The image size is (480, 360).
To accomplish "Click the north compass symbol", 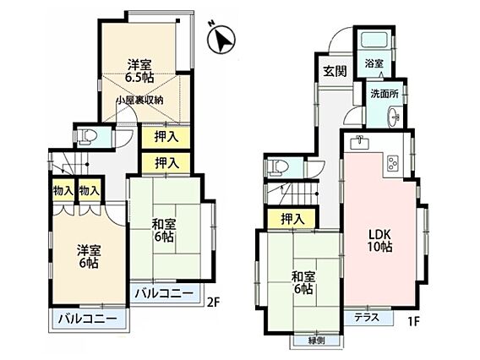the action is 221,39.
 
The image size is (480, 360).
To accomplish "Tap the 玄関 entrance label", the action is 335,71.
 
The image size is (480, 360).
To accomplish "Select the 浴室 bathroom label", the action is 374,63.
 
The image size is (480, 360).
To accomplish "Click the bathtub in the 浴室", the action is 375,40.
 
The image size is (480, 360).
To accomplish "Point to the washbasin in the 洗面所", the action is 394,117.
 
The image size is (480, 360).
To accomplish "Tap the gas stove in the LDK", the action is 393,163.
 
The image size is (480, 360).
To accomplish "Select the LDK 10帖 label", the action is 379,241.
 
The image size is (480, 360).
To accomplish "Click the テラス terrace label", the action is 367,318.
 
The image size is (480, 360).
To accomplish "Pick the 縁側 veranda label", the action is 316,341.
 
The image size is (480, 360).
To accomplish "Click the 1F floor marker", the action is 412,321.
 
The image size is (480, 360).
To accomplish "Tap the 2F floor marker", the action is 213,303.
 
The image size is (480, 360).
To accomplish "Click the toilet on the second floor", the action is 87,136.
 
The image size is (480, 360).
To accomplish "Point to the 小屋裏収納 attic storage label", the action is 139,100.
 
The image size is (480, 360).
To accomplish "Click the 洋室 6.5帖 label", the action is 139,71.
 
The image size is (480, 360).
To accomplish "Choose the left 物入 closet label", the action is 63,191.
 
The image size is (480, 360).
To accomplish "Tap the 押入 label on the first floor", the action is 292,219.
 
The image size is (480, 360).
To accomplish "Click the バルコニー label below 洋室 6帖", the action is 88,319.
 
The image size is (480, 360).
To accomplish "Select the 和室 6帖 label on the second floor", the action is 164,231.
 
